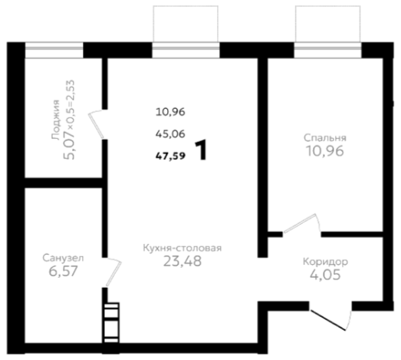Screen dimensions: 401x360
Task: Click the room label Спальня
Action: click(x=325, y=138)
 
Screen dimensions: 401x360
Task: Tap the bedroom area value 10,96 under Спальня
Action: click(x=325, y=151)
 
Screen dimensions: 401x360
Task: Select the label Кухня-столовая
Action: click(x=182, y=248)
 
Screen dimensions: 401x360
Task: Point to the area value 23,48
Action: click(x=182, y=261)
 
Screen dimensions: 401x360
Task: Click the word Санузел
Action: click(x=63, y=258)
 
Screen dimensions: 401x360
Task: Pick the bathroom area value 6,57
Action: click(x=63, y=271)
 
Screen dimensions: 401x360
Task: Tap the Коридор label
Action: click(x=325, y=262)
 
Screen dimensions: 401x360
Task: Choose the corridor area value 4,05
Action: click(x=325, y=275)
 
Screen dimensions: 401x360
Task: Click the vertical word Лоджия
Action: click(x=55, y=120)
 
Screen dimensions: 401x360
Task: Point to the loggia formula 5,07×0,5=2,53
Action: click(x=69, y=120)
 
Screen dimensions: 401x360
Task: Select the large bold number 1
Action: click(x=201, y=150)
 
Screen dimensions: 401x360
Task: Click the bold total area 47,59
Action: click(x=170, y=156)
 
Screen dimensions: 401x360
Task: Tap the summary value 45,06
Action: click(x=170, y=134)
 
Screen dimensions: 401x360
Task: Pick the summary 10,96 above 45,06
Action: click(x=170, y=112)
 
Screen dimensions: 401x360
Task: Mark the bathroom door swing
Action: click(x=113, y=272)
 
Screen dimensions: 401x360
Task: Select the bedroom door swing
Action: click(x=302, y=223)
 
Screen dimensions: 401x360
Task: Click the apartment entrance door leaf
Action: click(x=327, y=320)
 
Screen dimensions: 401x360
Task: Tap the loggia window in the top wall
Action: click(x=54, y=50)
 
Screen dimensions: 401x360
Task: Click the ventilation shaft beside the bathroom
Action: click(x=111, y=323)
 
